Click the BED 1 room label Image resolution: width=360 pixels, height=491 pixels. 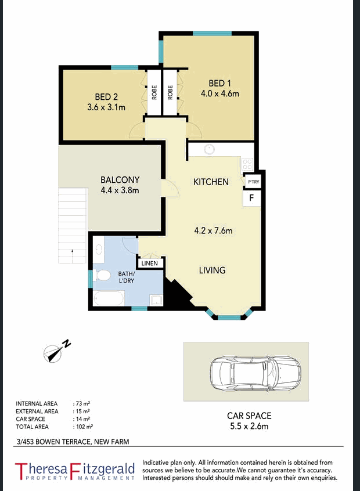[219, 82]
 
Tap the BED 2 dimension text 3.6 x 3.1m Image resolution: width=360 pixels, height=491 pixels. [106, 107]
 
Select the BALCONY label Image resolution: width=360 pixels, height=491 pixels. [120, 180]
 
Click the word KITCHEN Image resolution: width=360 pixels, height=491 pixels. [211, 182]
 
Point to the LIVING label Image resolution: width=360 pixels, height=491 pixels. [212, 270]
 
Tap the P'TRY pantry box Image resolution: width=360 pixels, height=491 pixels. [253, 182]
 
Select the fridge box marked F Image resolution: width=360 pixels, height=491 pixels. [252, 198]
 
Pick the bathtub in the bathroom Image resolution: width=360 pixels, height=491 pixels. [109, 299]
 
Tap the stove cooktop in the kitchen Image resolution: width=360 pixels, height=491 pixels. [247, 163]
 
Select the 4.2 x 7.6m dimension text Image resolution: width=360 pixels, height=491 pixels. [213, 231]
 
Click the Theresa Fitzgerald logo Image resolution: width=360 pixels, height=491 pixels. [74, 471]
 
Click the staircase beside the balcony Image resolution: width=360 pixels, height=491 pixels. [72, 223]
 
